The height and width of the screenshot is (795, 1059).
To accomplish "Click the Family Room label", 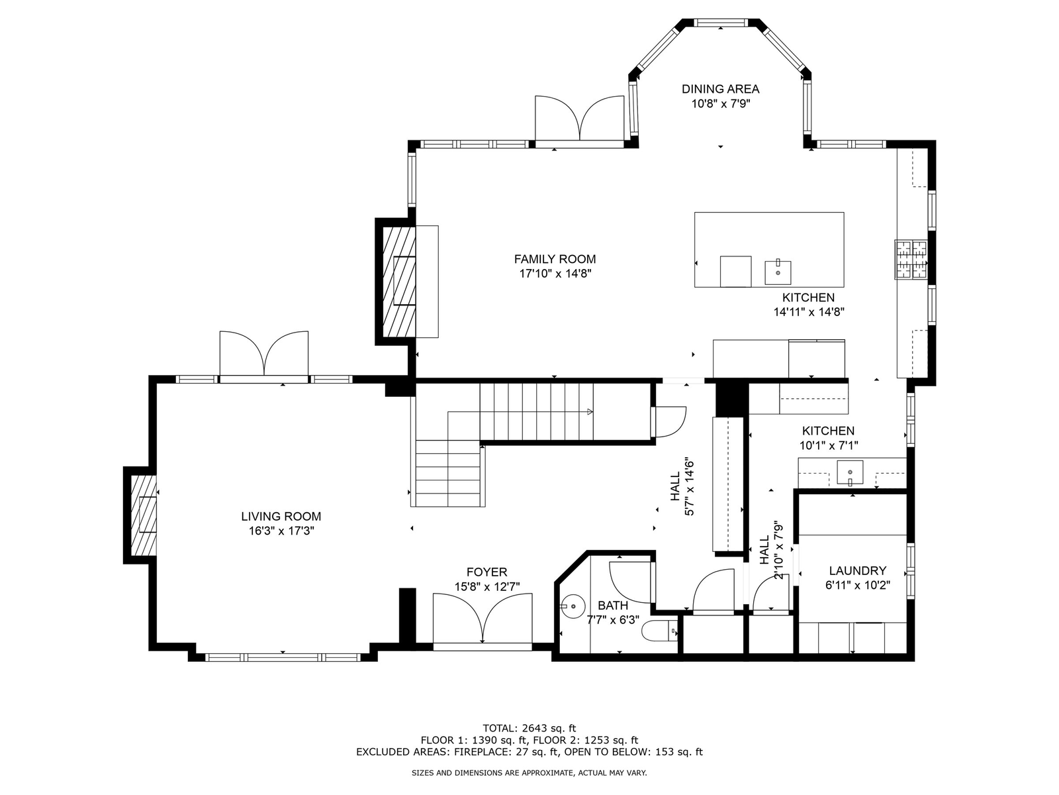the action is pos(555,259).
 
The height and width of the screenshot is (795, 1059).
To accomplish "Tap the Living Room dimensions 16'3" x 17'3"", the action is pos(281,531).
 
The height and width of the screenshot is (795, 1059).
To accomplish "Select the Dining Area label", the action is pos(720,89).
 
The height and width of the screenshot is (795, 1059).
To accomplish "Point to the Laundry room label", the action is pos(857,570).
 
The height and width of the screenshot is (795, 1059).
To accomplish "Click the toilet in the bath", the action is pos(659,631).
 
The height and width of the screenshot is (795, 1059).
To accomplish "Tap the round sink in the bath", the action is pos(573,606).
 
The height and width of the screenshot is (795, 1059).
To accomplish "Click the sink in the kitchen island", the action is pos(778,273).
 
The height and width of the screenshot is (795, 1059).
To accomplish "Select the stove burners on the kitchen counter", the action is pos(911,260).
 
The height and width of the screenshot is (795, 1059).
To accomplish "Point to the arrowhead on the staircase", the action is pos(590,411).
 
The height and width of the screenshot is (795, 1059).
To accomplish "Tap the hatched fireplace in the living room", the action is pos(144,515).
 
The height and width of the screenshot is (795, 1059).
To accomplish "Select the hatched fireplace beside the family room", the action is pos(399,282).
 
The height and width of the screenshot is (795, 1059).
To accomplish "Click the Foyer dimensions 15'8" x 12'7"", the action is pos(486,586).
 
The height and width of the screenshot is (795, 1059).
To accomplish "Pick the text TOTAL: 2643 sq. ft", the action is pos(529,728).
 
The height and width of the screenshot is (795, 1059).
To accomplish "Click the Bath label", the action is pos(613,606).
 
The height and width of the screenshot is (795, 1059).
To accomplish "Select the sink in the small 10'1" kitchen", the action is pos(850,472).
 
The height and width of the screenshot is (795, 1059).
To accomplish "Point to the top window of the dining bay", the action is pos(721,23).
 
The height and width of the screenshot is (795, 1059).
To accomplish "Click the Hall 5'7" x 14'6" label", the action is pos(682,486).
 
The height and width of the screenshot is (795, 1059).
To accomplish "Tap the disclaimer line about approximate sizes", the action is pos(529,772).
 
